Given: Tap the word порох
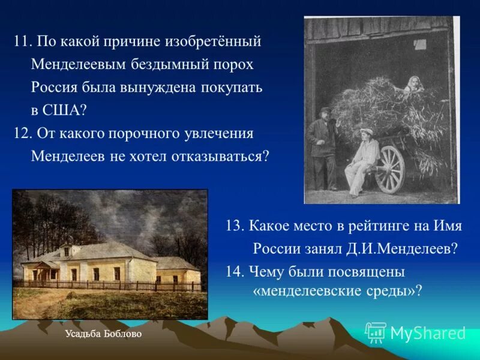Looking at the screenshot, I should tap(233, 65).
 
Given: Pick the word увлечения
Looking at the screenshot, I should tap(218, 133).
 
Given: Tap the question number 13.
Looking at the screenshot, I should tap(233, 226).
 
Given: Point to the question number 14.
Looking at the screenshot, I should tap(233, 271).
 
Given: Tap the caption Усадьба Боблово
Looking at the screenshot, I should tap(103, 334).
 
